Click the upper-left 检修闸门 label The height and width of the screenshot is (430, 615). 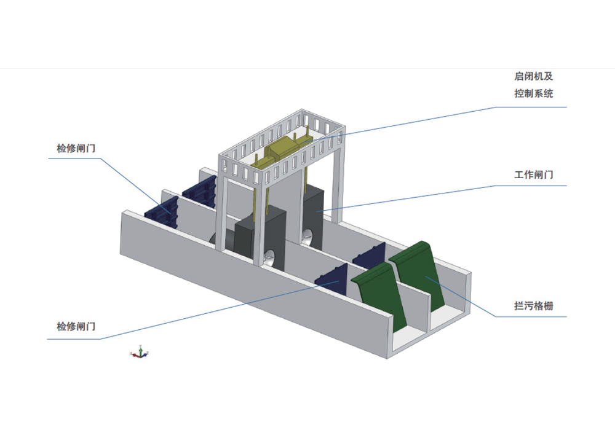76,148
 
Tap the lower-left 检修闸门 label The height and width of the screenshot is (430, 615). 76,326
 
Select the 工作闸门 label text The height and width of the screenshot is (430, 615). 533,175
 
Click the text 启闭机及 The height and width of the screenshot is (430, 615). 533,77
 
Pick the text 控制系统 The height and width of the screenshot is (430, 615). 533,94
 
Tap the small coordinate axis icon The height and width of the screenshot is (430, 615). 140,353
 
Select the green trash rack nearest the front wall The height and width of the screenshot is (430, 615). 376,295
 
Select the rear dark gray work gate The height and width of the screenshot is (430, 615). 312,215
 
